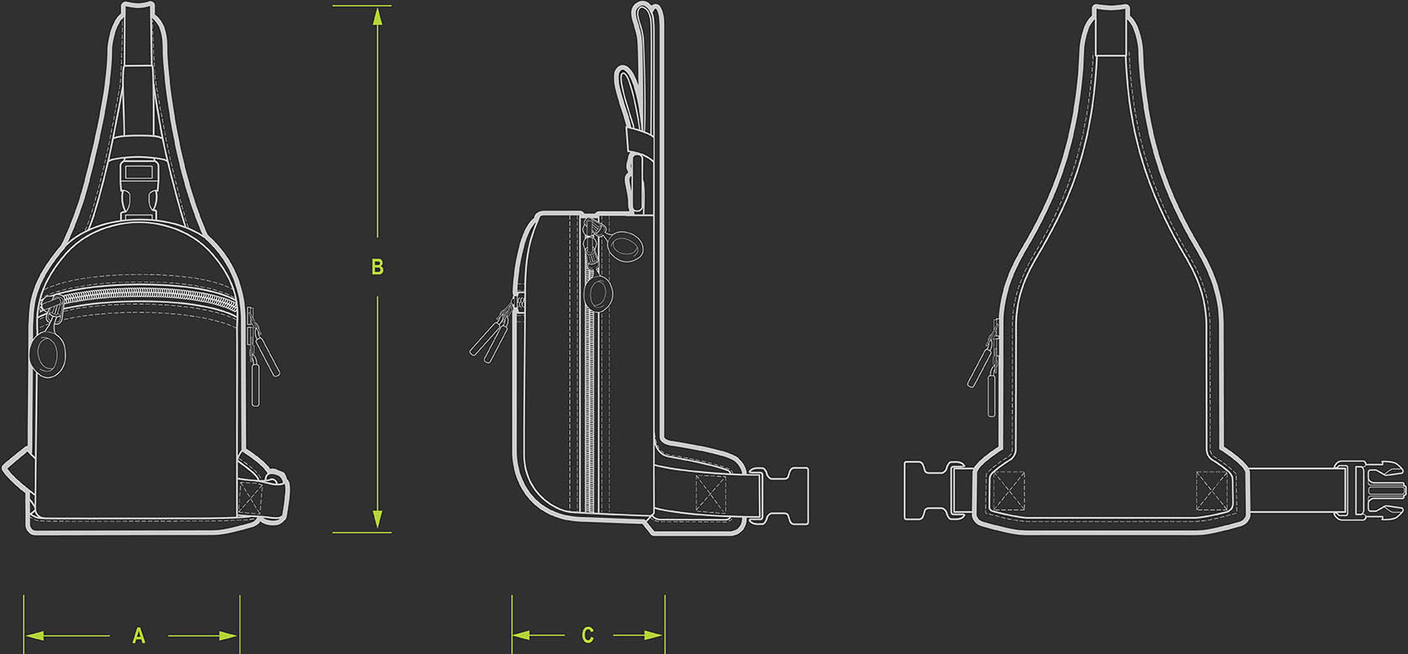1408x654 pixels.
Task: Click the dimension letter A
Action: tap(139, 636)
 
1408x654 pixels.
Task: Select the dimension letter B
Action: tap(377, 267)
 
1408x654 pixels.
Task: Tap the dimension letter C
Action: tap(588, 635)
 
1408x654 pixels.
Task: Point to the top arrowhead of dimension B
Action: tap(377, 17)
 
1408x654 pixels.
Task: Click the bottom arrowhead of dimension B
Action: tap(377, 519)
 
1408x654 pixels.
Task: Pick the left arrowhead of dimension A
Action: tap(35, 636)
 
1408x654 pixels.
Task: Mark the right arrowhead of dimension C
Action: tap(653, 635)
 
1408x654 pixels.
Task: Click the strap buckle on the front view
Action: tap(139, 188)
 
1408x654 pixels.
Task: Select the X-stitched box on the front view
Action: tap(251, 497)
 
